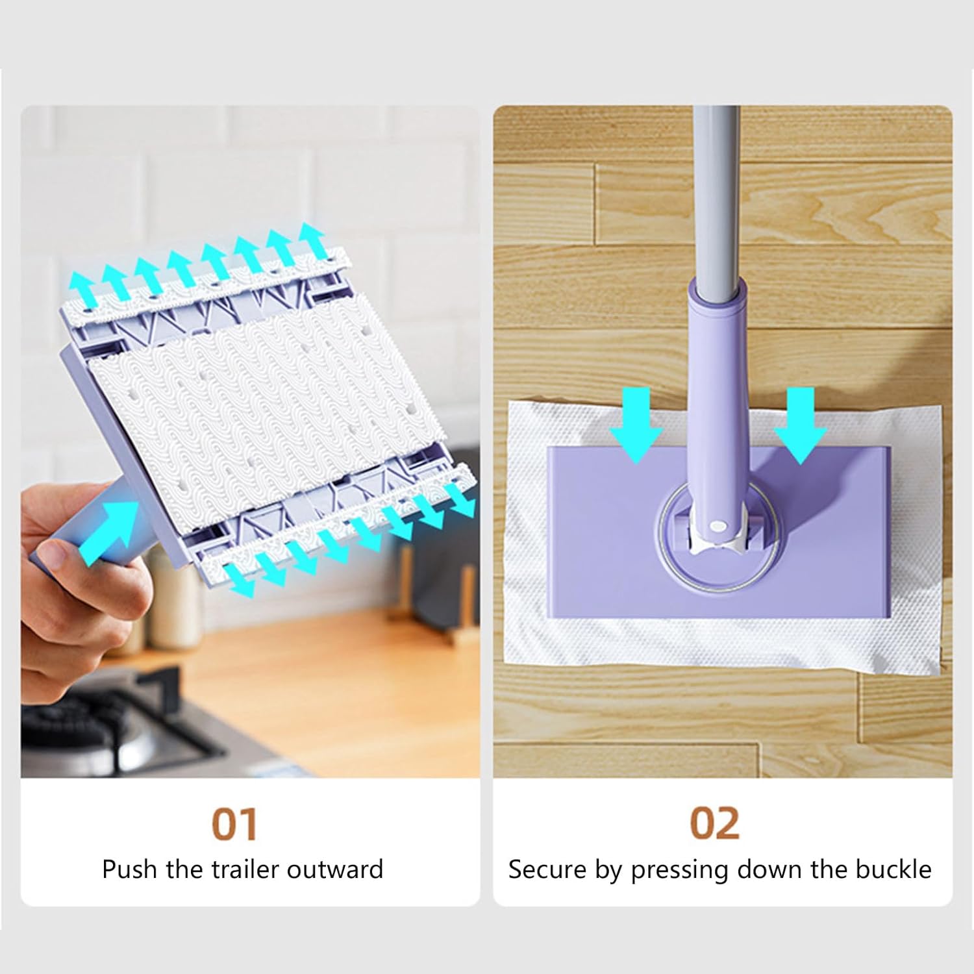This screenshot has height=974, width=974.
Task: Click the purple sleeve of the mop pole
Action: point(719,364)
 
